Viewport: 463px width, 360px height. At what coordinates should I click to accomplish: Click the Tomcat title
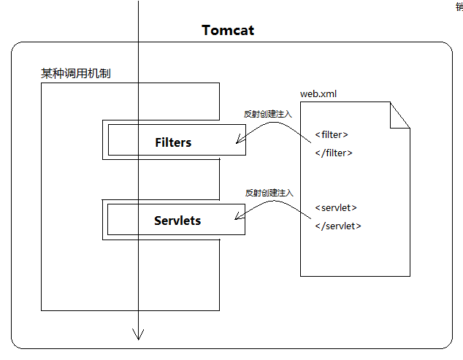pos(227,31)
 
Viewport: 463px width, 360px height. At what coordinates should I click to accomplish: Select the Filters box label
pos(173,142)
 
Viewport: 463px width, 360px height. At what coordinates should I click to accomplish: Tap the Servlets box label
pos(177,220)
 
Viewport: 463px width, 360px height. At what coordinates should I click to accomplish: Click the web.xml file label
pos(318,93)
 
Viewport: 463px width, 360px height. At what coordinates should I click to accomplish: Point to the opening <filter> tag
pos(332,134)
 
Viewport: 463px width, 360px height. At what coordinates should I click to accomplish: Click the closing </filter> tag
pos(334,153)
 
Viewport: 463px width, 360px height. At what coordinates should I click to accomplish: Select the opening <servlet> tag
pos(336,207)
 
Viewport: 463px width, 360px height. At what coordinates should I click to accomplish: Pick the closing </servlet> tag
pos(338,226)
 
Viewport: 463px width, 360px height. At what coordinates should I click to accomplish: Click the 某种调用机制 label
pos(76,74)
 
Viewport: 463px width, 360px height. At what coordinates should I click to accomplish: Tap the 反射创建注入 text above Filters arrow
pos(267,115)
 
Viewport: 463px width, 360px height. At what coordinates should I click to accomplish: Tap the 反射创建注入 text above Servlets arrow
pos(269,193)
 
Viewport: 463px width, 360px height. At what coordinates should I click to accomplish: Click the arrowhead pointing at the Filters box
pos(239,142)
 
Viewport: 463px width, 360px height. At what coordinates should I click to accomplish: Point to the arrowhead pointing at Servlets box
pos(238,217)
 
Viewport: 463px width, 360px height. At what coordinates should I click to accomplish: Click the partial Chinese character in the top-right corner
pos(459,6)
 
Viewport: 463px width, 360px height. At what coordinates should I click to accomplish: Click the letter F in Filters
pos(158,142)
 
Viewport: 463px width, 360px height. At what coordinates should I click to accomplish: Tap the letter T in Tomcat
pos(207,31)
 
